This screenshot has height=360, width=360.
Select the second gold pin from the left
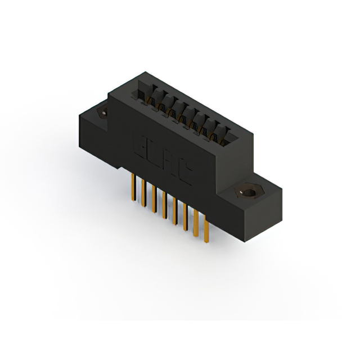143,191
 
